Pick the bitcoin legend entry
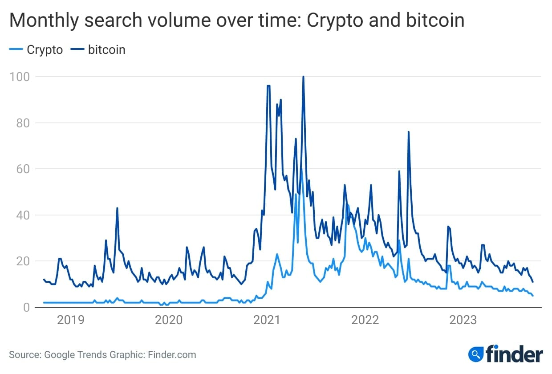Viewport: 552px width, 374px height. click(106, 50)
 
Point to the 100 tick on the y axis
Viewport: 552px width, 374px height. click(20, 77)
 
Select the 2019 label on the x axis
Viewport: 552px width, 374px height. click(71, 321)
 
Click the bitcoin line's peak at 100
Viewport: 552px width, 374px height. click(303, 77)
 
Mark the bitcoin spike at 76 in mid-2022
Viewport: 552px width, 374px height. click(408, 132)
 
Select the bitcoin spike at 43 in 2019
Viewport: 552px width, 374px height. click(117, 208)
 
